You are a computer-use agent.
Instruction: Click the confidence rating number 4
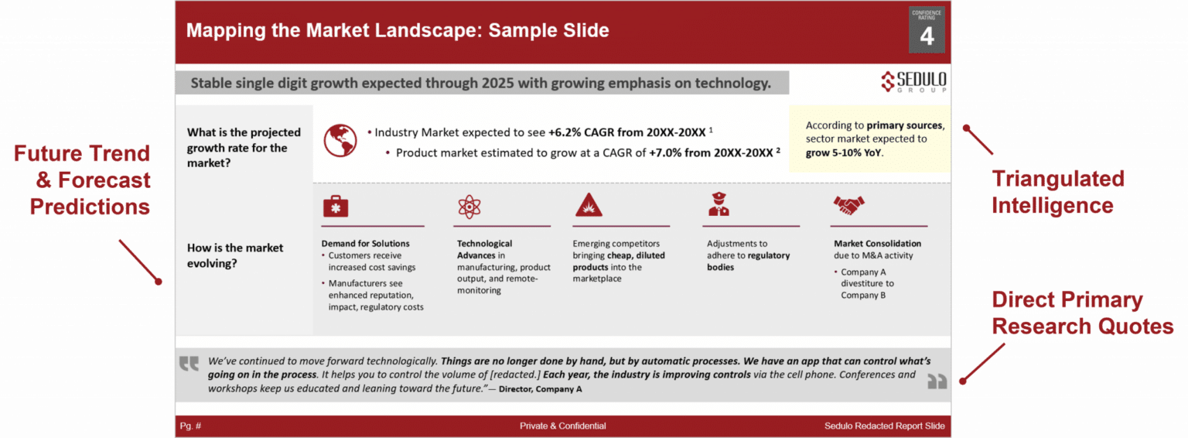point(926,36)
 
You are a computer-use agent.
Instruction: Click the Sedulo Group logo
point(913,81)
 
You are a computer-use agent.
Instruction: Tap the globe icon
point(340,140)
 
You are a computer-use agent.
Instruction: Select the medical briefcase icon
point(335,205)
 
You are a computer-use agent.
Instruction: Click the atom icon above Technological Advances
point(469,206)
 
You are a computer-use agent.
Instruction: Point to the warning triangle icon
point(587,205)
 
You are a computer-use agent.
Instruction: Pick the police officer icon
point(719,204)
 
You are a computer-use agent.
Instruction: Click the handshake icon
point(848,205)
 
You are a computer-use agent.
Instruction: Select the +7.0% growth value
point(666,152)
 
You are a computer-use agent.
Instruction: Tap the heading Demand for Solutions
point(365,244)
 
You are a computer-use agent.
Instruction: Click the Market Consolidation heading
point(877,244)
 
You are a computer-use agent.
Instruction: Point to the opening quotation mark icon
point(189,363)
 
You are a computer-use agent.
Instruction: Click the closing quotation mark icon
point(937,381)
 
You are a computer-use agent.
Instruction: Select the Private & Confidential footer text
point(562,426)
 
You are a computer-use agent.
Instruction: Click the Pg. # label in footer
point(190,426)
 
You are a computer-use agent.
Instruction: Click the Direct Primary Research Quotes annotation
point(1082,313)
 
